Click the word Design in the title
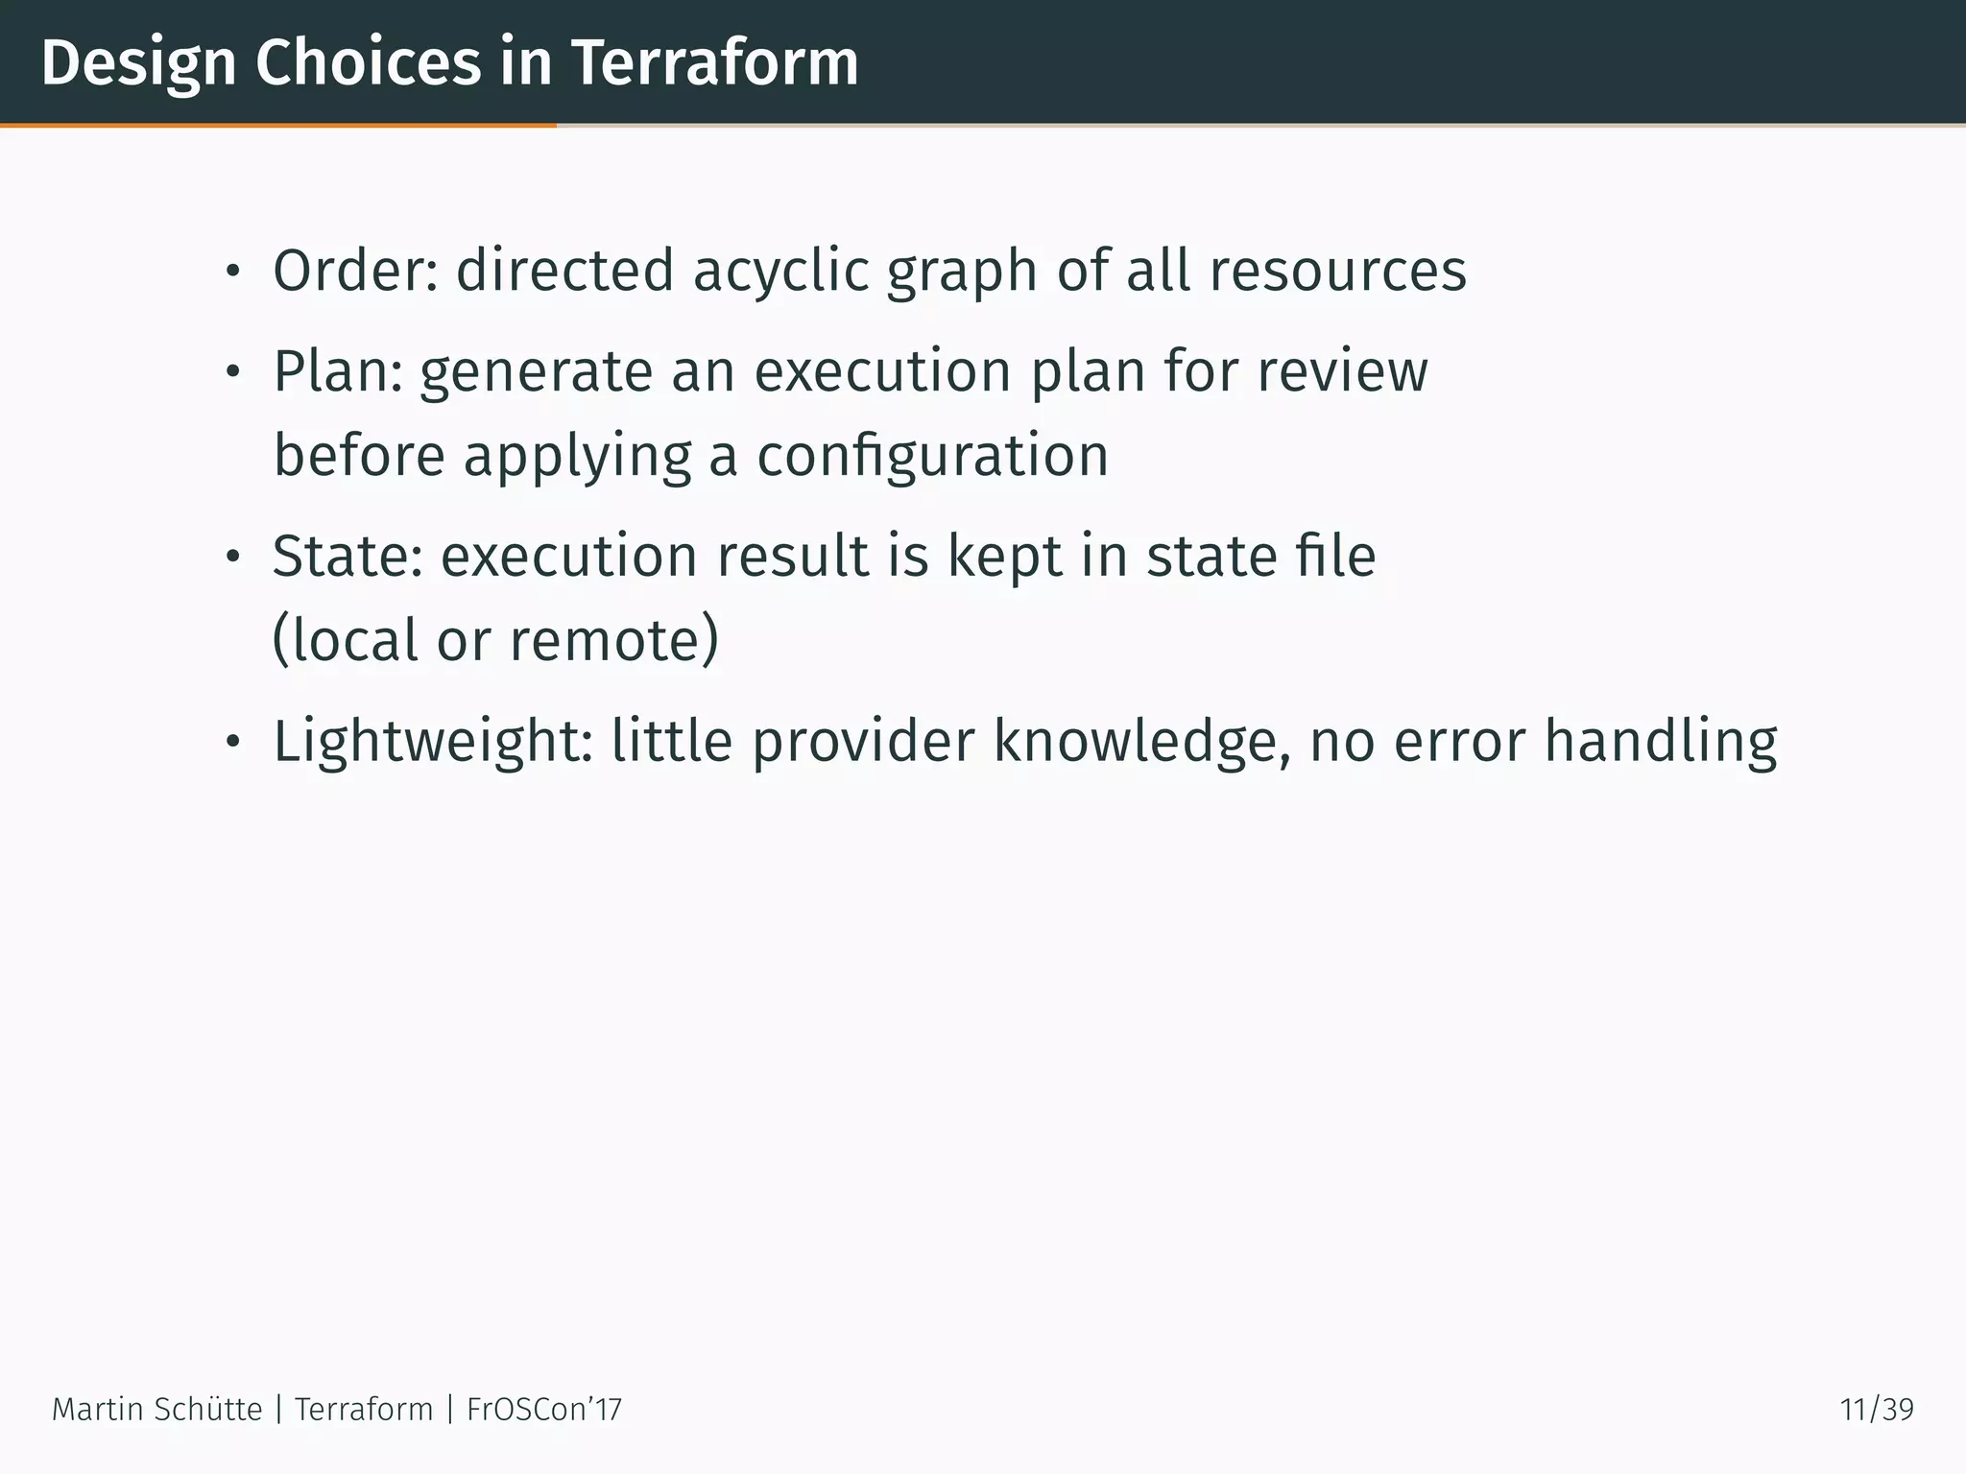(138, 63)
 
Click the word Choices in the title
(368, 63)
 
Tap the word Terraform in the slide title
(715, 63)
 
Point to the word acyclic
(779, 271)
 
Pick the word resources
(1337, 271)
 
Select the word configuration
(932, 455)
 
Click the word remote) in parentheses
(613, 640)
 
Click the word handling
(1660, 742)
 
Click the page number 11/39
(1877, 1410)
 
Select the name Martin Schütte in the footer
(156, 1410)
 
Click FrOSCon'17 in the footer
(544, 1410)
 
